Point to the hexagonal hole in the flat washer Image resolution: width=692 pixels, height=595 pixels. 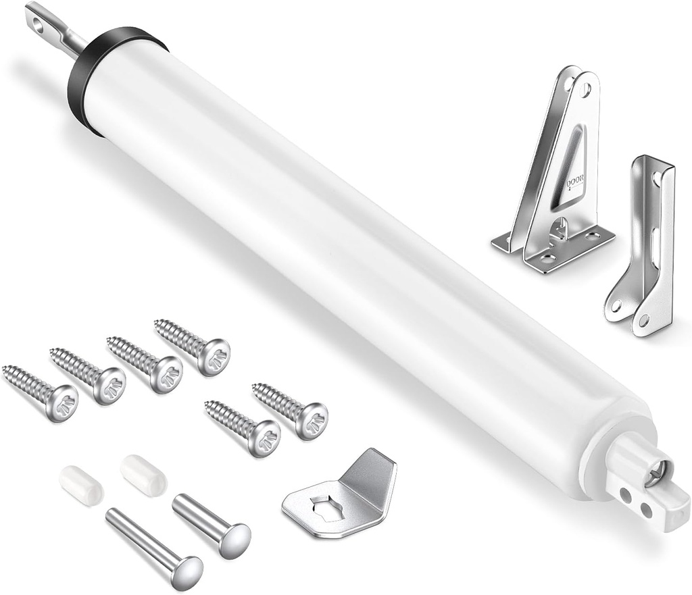tap(327, 507)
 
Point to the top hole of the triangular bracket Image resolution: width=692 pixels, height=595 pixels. tap(585, 88)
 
